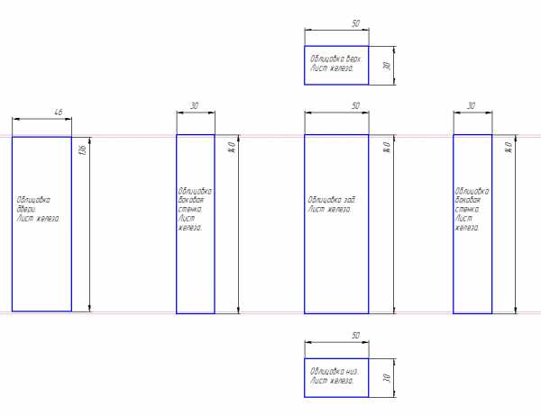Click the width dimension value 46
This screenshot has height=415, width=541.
point(59,112)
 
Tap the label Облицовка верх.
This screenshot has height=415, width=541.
point(335,57)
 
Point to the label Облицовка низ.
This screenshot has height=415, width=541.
point(335,371)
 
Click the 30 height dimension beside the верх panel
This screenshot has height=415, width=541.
point(386,66)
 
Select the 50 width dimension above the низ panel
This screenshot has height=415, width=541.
point(355,335)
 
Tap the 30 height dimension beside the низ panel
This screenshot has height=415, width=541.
point(386,379)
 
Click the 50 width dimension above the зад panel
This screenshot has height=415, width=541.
point(355,105)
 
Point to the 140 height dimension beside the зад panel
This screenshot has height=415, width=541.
point(386,146)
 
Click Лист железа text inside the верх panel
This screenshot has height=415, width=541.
point(332,67)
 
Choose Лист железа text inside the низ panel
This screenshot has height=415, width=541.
point(332,381)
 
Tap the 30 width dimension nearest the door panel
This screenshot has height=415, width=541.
point(194,105)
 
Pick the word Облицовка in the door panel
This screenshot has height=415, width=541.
point(33,199)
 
